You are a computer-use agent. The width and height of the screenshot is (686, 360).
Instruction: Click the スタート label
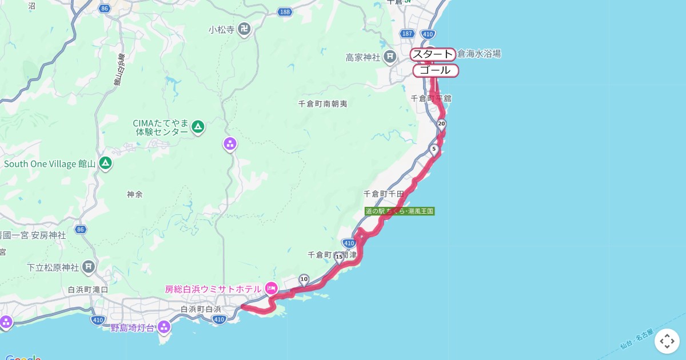pyautogui.click(x=433, y=55)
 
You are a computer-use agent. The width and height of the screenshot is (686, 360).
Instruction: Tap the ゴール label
pyautogui.click(x=435, y=71)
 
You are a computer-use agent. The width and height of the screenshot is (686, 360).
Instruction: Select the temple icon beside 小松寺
pyautogui.click(x=245, y=29)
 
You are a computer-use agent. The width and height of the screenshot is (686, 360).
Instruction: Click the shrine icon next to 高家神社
pyautogui.click(x=390, y=57)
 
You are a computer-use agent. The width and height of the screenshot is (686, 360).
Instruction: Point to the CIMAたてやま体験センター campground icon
pyautogui.click(x=198, y=126)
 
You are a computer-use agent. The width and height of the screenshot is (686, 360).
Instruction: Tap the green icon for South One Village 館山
pyautogui.click(x=105, y=164)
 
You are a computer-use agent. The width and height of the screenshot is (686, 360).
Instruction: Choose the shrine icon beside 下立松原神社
pyautogui.click(x=89, y=267)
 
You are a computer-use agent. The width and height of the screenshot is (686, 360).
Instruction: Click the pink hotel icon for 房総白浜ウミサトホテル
pyautogui.click(x=271, y=289)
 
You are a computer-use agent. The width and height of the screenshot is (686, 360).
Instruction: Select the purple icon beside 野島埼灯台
pyautogui.click(x=164, y=327)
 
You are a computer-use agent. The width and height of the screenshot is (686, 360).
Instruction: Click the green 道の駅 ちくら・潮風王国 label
pyautogui.click(x=400, y=211)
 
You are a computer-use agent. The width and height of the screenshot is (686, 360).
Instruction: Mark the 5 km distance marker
pyautogui.click(x=434, y=150)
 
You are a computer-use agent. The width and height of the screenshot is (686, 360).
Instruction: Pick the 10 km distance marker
pyautogui.click(x=304, y=279)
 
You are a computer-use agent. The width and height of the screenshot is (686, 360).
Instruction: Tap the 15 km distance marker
pyautogui.click(x=340, y=258)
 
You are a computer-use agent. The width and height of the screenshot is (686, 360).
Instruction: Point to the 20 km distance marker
pyautogui.click(x=441, y=124)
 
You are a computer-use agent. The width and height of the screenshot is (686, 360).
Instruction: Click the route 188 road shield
pyautogui.click(x=285, y=12)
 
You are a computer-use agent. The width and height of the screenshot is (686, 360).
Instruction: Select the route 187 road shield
pyautogui.click(x=407, y=34)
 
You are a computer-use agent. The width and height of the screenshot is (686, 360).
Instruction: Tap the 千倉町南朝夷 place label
pyautogui.click(x=323, y=104)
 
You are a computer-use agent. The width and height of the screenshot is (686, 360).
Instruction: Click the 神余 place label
pyautogui.click(x=135, y=194)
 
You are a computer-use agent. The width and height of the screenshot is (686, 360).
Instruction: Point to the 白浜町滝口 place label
pyautogui.click(x=88, y=290)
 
